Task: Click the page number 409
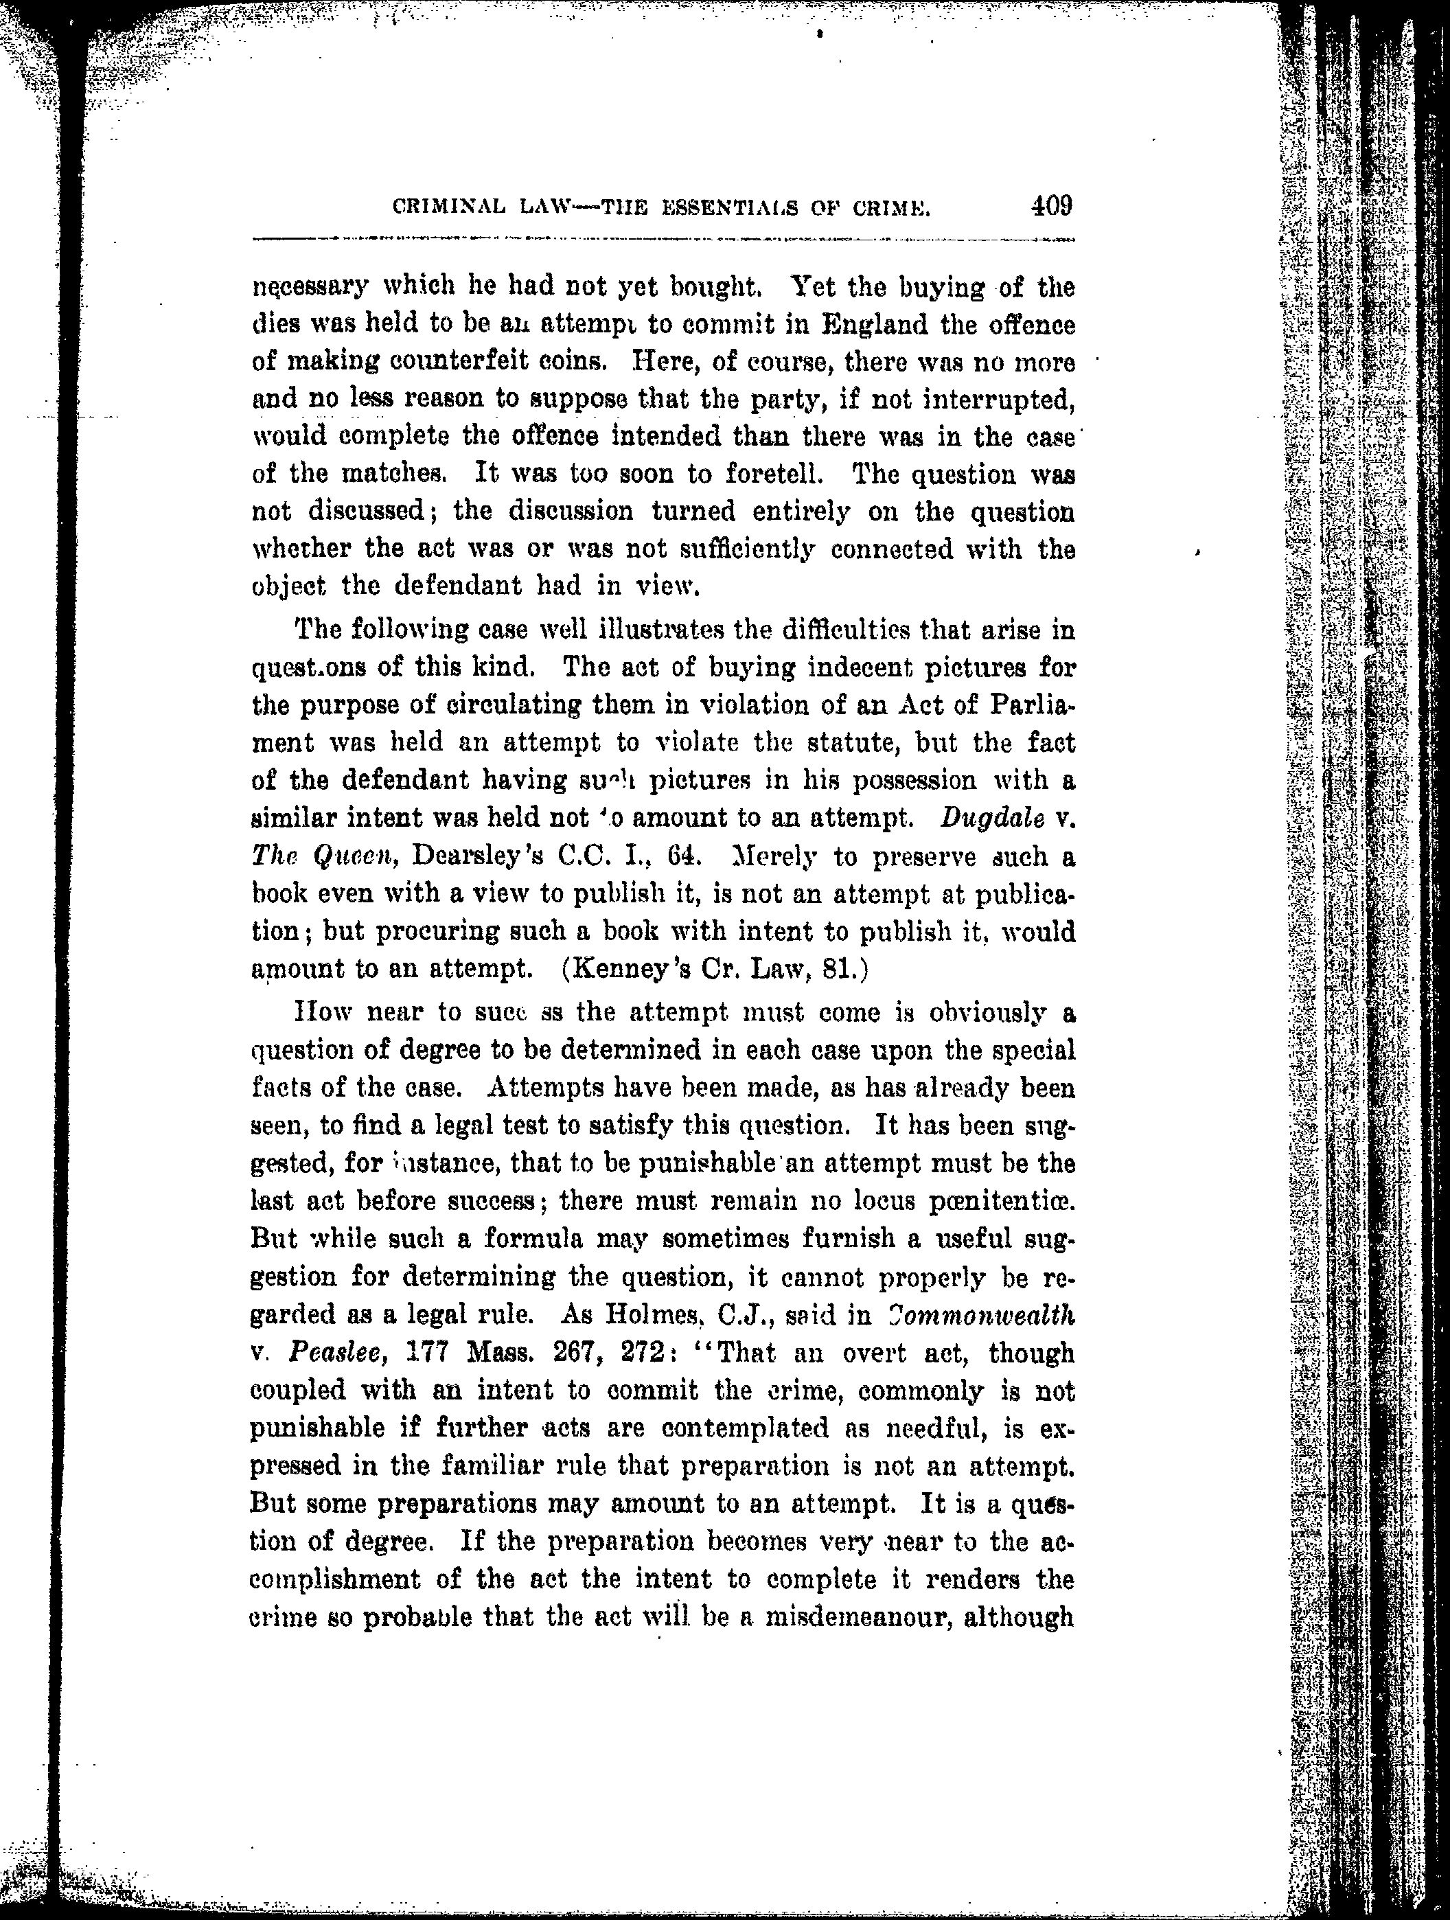[1052, 206]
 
